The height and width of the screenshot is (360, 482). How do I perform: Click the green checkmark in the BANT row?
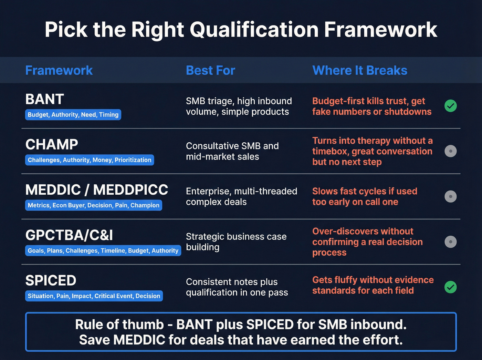click(450, 106)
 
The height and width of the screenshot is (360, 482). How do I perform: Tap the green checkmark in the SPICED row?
click(450, 287)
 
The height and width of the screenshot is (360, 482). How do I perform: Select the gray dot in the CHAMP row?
click(450, 151)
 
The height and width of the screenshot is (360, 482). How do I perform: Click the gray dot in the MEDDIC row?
click(450, 196)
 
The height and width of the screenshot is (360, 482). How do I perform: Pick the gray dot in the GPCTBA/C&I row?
click(450, 242)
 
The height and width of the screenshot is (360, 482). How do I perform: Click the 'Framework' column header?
click(59, 70)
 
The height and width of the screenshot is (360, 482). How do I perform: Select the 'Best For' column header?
click(210, 70)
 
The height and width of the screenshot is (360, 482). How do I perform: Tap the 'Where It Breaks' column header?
click(360, 70)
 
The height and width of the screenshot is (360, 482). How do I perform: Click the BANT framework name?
click(45, 99)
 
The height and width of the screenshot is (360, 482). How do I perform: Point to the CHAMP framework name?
click(52, 144)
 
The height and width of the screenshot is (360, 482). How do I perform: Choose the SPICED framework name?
click(51, 280)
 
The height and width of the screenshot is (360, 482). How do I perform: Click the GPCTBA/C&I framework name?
click(69, 235)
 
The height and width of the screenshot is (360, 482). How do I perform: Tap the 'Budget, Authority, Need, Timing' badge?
click(73, 115)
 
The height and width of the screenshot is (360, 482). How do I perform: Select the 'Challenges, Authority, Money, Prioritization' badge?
click(90, 160)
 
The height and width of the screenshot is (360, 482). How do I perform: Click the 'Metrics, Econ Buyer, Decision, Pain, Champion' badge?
click(94, 205)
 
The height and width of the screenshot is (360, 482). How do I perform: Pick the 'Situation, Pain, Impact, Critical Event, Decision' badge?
click(94, 296)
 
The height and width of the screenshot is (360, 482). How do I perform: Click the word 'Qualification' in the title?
click(254, 30)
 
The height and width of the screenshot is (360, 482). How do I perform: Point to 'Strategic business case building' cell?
click(236, 241)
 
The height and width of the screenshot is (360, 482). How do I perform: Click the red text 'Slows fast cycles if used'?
click(365, 191)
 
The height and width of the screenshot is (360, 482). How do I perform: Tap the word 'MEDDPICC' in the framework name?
click(130, 190)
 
